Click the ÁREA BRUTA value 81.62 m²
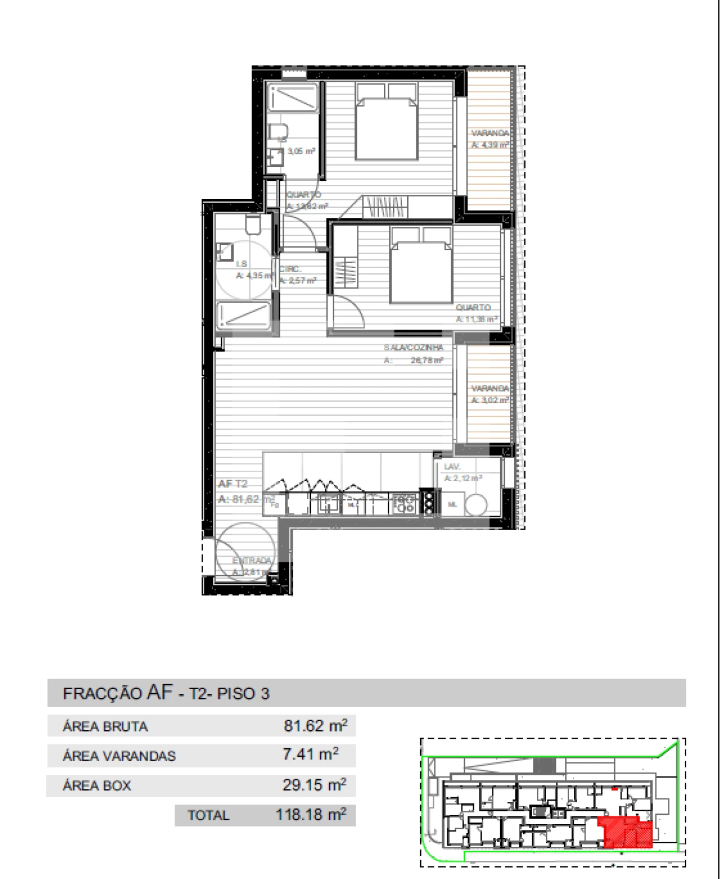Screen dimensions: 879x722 [x=315, y=726]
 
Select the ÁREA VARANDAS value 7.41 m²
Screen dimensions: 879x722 [x=310, y=754]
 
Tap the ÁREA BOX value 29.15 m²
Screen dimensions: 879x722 [x=314, y=785]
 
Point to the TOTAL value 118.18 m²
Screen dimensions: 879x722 [x=310, y=815]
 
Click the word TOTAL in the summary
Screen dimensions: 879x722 [x=208, y=815]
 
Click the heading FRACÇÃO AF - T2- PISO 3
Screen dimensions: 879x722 [x=166, y=693]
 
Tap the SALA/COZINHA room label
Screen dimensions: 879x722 [x=413, y=348]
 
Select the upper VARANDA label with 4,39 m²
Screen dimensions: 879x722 [x=490, y=133]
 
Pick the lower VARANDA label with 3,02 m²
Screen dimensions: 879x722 [x=490, y=388]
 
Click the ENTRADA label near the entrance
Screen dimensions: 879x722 [x=252, y=561]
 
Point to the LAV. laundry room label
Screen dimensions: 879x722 [x=452, y=467]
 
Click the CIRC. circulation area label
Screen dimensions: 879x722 [x=291, y=269]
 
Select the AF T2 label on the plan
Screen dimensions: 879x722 [x=233, y=484]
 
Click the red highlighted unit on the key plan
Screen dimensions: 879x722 [x=627, y=832]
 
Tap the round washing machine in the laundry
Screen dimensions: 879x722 [x=476, y=505]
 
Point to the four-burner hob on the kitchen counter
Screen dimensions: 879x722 [x=404, y=503]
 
